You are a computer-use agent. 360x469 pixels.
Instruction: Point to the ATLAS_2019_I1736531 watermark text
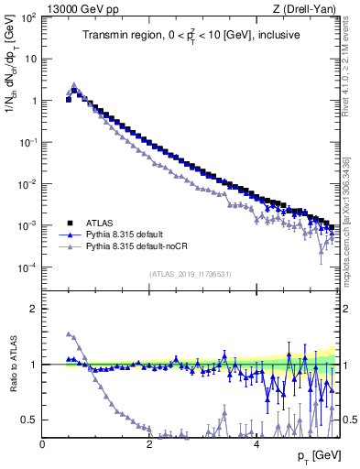click(190, 273)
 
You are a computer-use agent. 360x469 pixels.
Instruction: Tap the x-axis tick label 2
click(149, 444)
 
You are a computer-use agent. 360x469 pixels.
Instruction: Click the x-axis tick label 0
click(42, 444)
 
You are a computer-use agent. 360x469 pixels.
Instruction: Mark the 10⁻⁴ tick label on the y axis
click(27, 267)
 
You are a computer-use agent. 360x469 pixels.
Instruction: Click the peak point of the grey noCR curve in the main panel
click(74, 84)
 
